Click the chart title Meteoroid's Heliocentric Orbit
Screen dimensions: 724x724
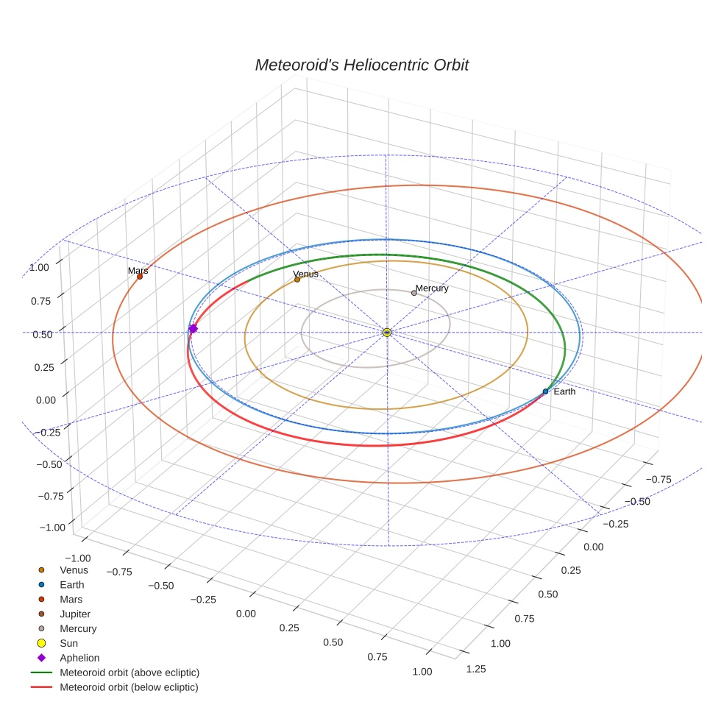click(361, 65)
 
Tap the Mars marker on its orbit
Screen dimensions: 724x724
click(140, 277)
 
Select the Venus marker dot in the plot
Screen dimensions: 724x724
click(297, 280)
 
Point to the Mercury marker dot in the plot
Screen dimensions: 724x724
click(414, 293)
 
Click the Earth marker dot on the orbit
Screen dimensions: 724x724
click(545, 391)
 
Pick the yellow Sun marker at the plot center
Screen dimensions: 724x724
click(387, 333)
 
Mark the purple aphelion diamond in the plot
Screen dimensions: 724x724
click(193, 329)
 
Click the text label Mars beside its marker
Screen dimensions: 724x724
click(138, 271)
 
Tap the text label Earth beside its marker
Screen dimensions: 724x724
click(564, 391)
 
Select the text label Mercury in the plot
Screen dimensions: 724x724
click(432, 288)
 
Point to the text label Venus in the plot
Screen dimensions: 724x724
click(305, 274)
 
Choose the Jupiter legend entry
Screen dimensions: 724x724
click(75, 614)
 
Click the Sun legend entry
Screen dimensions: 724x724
click(70, 644)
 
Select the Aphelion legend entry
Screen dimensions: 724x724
click(79, 659)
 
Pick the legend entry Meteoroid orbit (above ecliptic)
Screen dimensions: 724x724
click(129, 672)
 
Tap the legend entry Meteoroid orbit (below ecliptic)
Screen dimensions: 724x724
click(129, 687)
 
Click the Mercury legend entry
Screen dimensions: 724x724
click(77, 629)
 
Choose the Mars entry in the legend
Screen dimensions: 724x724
click(71, 600)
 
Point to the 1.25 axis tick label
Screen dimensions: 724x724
click(476, 668)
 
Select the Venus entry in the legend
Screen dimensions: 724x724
click(74, 570)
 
